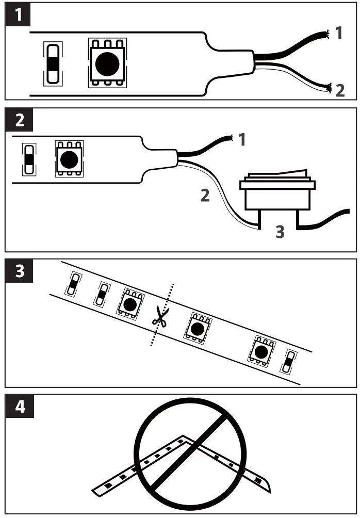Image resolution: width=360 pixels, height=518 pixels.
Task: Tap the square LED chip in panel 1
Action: (107, 62)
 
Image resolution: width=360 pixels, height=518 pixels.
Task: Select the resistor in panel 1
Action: (53, 63)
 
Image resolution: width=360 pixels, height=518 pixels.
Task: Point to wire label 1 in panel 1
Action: (338, 34)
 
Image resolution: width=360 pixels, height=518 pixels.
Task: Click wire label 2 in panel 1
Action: (339, 90)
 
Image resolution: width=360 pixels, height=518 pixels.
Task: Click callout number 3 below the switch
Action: (279, 232)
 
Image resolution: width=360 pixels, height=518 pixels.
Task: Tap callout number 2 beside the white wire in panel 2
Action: (205, 196)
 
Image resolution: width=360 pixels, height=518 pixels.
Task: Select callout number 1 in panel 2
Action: (242, 139)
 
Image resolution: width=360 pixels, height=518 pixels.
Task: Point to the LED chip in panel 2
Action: (68, 159)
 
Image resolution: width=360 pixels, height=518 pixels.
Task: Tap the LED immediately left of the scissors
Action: (129, 304)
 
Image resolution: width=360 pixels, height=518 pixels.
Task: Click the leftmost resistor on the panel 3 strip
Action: (73, 284)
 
